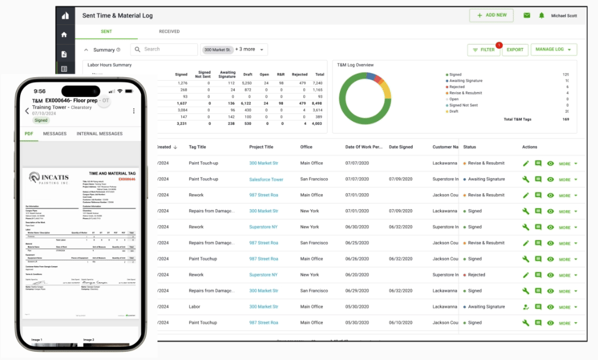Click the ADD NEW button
[x=492, y=15]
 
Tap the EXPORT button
[x=515, y=50]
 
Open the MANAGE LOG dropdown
[x=553, y=50]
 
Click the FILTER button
[x=484, y=50]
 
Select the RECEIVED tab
[x=169, y=31]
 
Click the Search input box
[x=165, y=50]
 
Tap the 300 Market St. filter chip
[x=217, y=50]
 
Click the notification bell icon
[x=542, y=15]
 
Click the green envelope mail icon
[x=527, y=15]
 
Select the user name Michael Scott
[x=564, y=16]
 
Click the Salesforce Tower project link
[x=266, y=179]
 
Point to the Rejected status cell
[x=476, y=275]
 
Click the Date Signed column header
[x=401, y=147]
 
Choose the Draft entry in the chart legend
[x=455, y=111]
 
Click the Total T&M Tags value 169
[x=565, y=119]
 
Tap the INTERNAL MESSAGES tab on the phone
[x=99, y=134]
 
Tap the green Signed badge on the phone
[x=41, y=120]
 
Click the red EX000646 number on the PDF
[x=127, y=179]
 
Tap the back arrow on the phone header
[x=27, y=110]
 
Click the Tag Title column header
[x=197, y=147]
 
